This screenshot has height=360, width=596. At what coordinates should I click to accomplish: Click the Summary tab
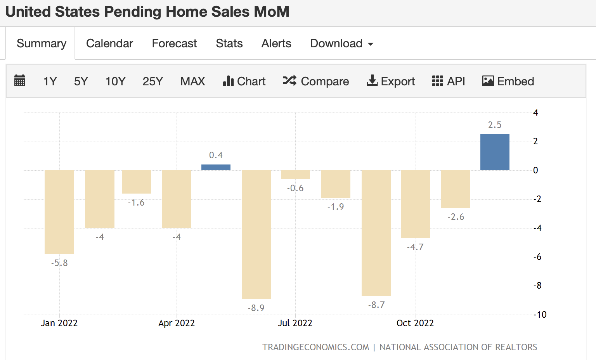click(x=41, y=43)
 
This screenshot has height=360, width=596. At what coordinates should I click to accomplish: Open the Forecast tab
click(x=174, y=43)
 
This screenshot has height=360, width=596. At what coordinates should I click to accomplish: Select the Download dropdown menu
click(x=341, y=43)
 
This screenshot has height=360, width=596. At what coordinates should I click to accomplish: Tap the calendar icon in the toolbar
click(x=19, y=81)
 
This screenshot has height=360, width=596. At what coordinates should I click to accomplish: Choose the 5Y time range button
click(x=81, y=81)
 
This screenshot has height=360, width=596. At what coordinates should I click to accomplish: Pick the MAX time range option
click(x=192, y=81)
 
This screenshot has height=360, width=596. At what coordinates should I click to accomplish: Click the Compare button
click(x=316, y=81)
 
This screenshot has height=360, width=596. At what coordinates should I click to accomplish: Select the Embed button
click(x=508, y=81)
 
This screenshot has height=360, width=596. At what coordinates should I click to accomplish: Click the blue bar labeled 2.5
click(x=495, y=152)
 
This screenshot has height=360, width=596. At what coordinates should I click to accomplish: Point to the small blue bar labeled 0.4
click(x=216, y=167)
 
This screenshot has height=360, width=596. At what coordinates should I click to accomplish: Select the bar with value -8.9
click(x=256, y=234)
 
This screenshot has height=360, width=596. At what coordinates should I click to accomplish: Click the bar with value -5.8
click(x=59, y=212)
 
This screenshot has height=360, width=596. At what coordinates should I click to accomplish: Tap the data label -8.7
click(x=376, y=305)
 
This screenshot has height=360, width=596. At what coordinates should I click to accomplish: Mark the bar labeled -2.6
click(x=456, y=189)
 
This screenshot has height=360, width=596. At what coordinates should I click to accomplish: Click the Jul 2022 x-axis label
click(x=295, y=323)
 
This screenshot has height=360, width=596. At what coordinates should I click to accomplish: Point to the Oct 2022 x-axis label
click(x=415, y=323)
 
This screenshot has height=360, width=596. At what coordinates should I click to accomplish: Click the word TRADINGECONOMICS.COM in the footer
click(x=315, y=347)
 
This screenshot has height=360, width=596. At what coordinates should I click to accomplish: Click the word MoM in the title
click(x=272, y=12)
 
